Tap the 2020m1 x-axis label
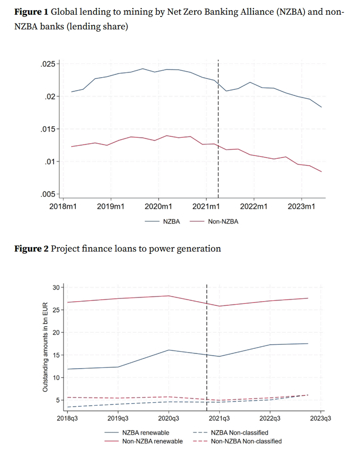coord(158,207)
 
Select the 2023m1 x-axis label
coord(301,207)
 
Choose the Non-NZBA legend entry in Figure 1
coord(223,222)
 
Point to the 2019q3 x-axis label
coord(118,419)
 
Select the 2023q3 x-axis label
coord(320,419)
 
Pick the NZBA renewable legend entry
coord(146,432)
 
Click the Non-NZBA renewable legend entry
coord(152,441)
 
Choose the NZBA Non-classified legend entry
coord(239,432)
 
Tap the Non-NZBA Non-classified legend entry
coord(246,441)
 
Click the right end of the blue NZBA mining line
coord(321,107)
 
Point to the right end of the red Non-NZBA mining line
coord(321,172)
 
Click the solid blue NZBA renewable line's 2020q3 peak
coord(169,350)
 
